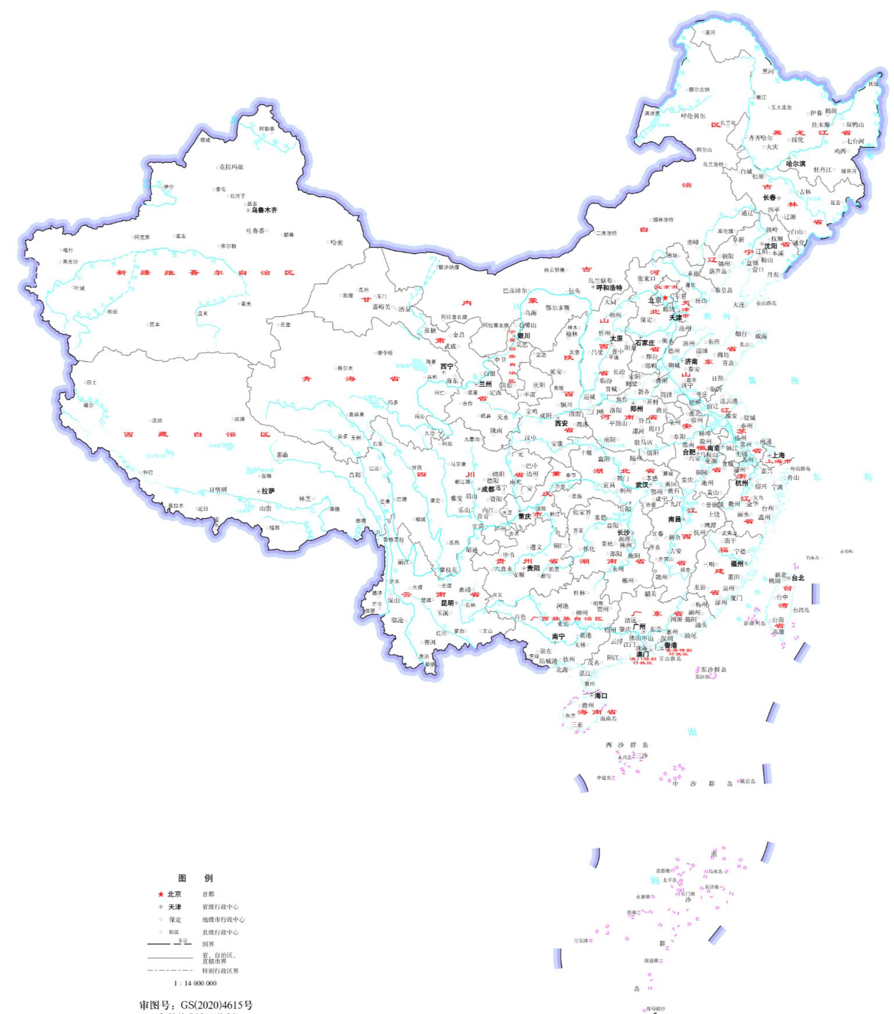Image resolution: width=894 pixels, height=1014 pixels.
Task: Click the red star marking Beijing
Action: (x=665, y=298)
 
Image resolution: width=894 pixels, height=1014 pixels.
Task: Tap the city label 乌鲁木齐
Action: (x=264, y=210)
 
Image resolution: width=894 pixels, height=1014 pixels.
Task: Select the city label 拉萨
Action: (x=268, y=491)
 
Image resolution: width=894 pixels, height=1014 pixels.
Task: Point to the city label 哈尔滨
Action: (x=796, y=164)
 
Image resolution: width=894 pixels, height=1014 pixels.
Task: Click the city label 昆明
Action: (x=447, y=604)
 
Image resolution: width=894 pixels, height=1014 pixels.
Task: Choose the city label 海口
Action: (x=600, y=696)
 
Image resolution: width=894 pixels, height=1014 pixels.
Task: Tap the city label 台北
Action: (x=797, y=578)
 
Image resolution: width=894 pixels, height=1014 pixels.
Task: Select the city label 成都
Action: (x=487, y=490)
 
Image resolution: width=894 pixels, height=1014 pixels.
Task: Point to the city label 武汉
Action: (x=642, y=485)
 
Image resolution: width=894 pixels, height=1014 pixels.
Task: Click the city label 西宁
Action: (x=447, y=367)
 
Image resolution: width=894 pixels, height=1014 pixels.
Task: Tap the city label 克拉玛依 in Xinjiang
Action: (x=231, y=167)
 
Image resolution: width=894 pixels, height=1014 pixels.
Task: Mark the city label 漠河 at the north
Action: (x=710, y=33)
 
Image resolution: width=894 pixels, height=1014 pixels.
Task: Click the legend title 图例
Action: (x=195, y=878)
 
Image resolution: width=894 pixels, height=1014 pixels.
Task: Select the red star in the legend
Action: (x=161, y=894)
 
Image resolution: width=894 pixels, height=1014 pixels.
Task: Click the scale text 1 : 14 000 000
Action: (x=195, y=983)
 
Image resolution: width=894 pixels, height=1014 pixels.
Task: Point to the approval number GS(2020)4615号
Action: (x=196, y=1005)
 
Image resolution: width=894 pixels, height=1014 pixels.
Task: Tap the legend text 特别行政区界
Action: (x=220, y=971)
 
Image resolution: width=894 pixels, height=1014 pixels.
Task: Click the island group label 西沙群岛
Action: (x=627, y=745)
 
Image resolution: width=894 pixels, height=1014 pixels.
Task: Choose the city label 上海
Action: (x=777, y=456)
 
